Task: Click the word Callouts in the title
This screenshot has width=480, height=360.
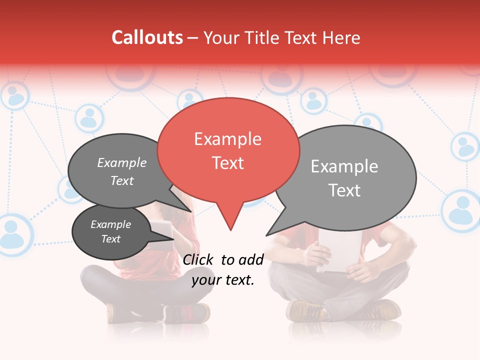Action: [x=147, y=37]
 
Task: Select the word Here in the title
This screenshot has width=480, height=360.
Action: [x=341, y=37]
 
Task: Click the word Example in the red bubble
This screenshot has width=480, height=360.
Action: [x=227, y=139]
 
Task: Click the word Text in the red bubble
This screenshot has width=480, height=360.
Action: [x=227, y=163]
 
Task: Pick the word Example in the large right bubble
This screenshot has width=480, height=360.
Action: [x=344, y=166]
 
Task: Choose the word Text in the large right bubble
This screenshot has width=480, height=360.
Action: [x=345, y=190]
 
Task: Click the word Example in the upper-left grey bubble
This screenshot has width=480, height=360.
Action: [x=121, y=163]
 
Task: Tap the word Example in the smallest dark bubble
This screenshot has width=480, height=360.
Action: [x=110, y=224]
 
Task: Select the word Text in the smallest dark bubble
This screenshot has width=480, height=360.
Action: [x=110, y=239]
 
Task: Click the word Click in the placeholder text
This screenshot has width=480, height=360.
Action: [x=199, y=259]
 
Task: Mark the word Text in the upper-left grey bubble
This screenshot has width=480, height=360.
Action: [x=121, y=181]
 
